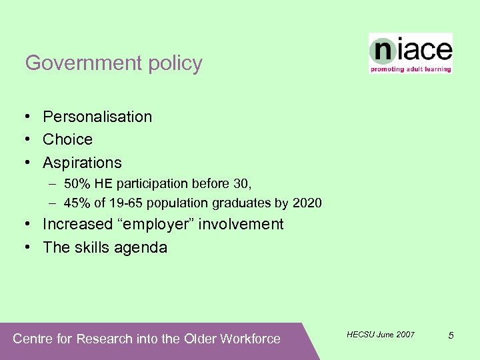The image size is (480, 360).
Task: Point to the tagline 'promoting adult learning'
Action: (411, 69)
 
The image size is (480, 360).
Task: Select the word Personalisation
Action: (97, 117)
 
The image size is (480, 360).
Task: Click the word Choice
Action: (67, 139)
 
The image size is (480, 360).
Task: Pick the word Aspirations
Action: (82, 163)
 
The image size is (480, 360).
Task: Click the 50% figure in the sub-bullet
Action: (76, 183)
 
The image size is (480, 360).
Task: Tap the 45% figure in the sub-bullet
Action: (76, 203)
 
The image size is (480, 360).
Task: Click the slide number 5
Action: (451, 335)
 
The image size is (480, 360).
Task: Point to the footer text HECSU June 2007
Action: (381, 334)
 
